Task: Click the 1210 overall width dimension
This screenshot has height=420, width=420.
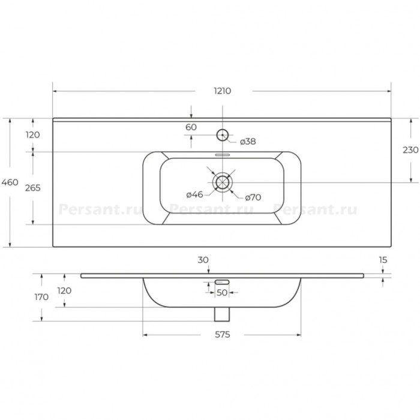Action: point(223,91)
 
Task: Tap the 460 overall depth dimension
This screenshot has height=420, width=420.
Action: point(10,182)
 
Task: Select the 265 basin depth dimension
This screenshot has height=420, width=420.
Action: point(33,188)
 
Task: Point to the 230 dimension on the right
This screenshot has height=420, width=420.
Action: point(410,150)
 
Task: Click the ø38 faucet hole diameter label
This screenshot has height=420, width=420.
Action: point(248,142)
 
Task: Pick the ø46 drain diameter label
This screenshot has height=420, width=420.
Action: point(195,194)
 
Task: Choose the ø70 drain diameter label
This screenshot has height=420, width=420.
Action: point(253,197)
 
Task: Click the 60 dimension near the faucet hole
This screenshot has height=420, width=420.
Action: point(191,127)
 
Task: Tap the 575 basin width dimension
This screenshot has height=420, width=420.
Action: point(223,335)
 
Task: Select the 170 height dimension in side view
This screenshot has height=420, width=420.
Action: point(41,297)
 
